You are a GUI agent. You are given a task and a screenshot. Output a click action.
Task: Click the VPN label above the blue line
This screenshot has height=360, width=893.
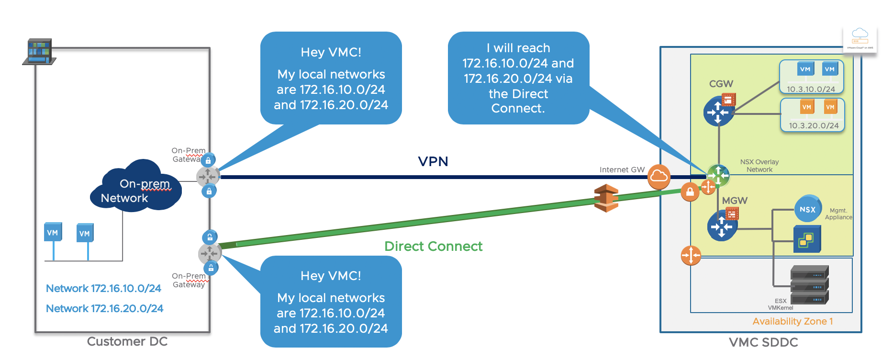tap(433, 161)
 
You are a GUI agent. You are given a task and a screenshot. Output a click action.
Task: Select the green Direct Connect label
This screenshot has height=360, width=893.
tap(433, 246)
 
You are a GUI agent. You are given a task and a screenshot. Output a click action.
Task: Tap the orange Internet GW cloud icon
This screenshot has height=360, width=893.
tap(659, 176)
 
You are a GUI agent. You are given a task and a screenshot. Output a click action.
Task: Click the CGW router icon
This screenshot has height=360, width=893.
tap(718, 112)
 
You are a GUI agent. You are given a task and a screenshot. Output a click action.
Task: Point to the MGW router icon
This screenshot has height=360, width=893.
tap(722, 225)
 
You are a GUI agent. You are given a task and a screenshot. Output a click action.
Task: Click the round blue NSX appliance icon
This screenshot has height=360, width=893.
tap(808, 209)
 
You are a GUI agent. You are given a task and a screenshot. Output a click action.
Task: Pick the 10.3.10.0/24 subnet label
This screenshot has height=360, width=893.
tap(811, 89)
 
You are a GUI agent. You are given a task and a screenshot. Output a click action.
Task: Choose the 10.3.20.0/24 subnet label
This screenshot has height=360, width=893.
tap(814, 125)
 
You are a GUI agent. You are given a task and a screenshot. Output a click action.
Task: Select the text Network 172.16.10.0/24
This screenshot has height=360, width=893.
tap(103, 288)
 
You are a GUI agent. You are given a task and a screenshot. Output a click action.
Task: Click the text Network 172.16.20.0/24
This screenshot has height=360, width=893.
tap(104, 308)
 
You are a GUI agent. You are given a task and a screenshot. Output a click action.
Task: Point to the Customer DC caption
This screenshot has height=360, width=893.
tap(127, 341)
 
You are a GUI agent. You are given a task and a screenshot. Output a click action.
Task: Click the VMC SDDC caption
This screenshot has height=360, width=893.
tap(763, 342)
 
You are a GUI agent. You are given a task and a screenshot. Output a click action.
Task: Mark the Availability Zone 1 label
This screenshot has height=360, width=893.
tap(793, 321)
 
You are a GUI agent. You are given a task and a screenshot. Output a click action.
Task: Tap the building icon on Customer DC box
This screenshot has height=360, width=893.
tap(39, 52)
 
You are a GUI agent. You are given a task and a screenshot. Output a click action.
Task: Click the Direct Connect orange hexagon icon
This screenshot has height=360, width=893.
tap(606, 198)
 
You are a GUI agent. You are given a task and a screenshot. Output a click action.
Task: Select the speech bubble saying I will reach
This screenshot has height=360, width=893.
tap(518, 78)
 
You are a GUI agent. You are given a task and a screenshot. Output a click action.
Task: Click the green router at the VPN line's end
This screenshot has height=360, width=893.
tap(718, 175)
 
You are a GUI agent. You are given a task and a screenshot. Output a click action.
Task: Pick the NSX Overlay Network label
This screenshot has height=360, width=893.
tap(759, 166)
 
